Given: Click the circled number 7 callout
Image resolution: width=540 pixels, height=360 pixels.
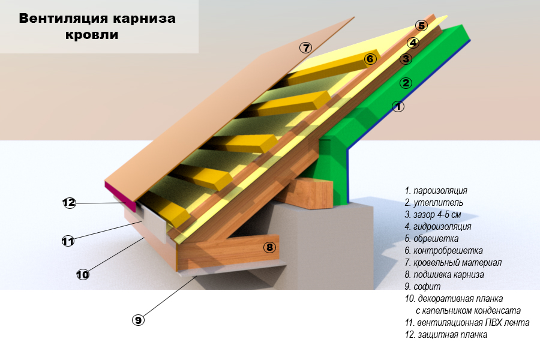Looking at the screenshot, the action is coord(305,47).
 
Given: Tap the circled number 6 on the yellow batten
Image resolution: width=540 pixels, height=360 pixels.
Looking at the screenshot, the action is coord(370,59).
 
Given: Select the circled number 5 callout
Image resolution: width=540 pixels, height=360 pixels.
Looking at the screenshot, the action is coord(421,25).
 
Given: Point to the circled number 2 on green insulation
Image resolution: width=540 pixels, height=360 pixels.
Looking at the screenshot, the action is coord(406,83).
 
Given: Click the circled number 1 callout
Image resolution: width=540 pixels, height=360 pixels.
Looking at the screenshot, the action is coord(398,106).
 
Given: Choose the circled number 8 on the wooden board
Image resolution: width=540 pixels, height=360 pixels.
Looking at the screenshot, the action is coord(269,247).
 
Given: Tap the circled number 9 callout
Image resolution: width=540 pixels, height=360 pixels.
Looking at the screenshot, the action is coord(138,320).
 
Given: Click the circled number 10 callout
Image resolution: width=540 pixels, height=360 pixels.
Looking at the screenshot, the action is coord(83,275).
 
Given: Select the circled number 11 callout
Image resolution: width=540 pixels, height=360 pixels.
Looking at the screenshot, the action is coord(68,241).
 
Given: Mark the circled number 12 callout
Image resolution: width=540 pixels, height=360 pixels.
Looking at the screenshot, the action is coord(69,202).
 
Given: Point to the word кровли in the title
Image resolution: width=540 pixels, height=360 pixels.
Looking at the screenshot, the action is coord(92,35).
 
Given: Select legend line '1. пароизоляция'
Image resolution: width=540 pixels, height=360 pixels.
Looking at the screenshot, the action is coord(436,191).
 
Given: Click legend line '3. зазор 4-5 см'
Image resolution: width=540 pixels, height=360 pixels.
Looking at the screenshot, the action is coord(433,215).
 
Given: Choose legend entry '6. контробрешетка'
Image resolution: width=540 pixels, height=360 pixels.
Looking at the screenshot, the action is coord(443,250).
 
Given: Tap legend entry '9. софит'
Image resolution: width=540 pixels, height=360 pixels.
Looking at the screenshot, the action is coord(422,286).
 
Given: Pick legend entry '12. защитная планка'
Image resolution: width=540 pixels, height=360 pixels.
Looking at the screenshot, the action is coord(446,335).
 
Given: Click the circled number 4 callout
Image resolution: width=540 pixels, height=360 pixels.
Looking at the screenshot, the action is coord(413,43).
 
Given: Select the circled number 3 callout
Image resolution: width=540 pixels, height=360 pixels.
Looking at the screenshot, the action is coord(406,59).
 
